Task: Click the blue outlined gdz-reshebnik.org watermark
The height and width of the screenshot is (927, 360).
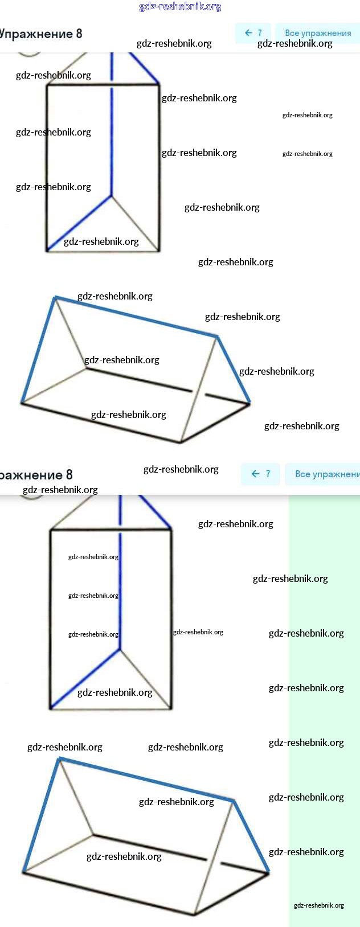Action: [180, 7]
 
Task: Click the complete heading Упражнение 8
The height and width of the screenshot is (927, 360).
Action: [41, 34]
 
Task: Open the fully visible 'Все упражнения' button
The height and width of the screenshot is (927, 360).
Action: [318, 33]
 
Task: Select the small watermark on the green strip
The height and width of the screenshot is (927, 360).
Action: [318, 905]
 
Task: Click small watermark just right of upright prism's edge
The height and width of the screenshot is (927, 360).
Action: [198, 632]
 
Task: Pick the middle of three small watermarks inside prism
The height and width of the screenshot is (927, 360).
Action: [93, 596]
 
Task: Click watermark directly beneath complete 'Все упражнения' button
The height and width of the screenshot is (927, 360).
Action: [294, 44]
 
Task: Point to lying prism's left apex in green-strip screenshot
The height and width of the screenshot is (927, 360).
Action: [59, 759]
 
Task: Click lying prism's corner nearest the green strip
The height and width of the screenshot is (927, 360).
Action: [268, 872]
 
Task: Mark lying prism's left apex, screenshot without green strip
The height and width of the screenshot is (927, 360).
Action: [55, 297]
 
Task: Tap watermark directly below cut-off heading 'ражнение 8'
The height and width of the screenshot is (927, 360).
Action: [60, 490]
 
